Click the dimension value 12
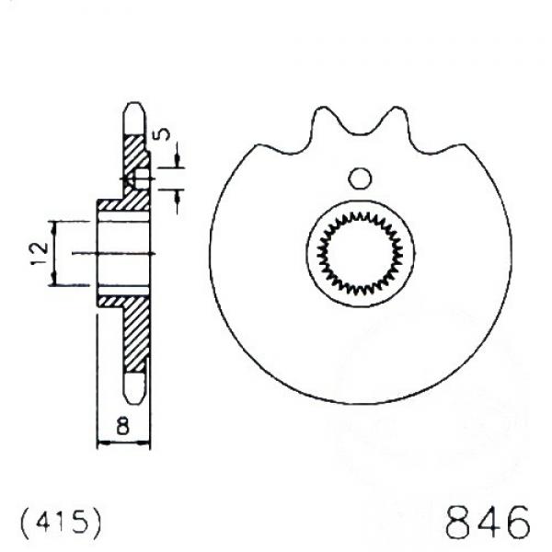pyautogui.click(x=40, y=254)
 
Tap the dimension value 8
pyautogui.click(x=123, y=425)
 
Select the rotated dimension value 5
pyautogui.click(x=162, y=134)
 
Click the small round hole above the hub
pyautogui.click(x=360, y=178)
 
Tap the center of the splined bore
pyautogui.click(x=360, y=253)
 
